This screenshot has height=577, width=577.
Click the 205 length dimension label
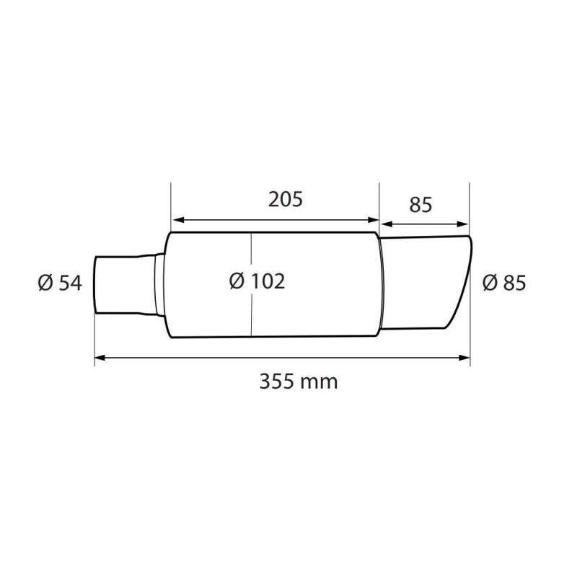click(283, 200)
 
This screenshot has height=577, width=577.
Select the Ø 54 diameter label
click(61, 283)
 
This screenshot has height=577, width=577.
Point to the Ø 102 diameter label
click(257, 281)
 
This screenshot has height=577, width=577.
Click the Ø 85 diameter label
click(503, 283)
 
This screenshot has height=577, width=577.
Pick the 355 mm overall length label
click(299, 381)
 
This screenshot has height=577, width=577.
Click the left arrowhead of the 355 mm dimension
click(100, 356)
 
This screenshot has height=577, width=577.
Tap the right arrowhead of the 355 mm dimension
click(465, 356)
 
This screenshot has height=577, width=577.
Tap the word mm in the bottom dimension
click(322, 381)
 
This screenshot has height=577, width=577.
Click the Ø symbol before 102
click(237, 281)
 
